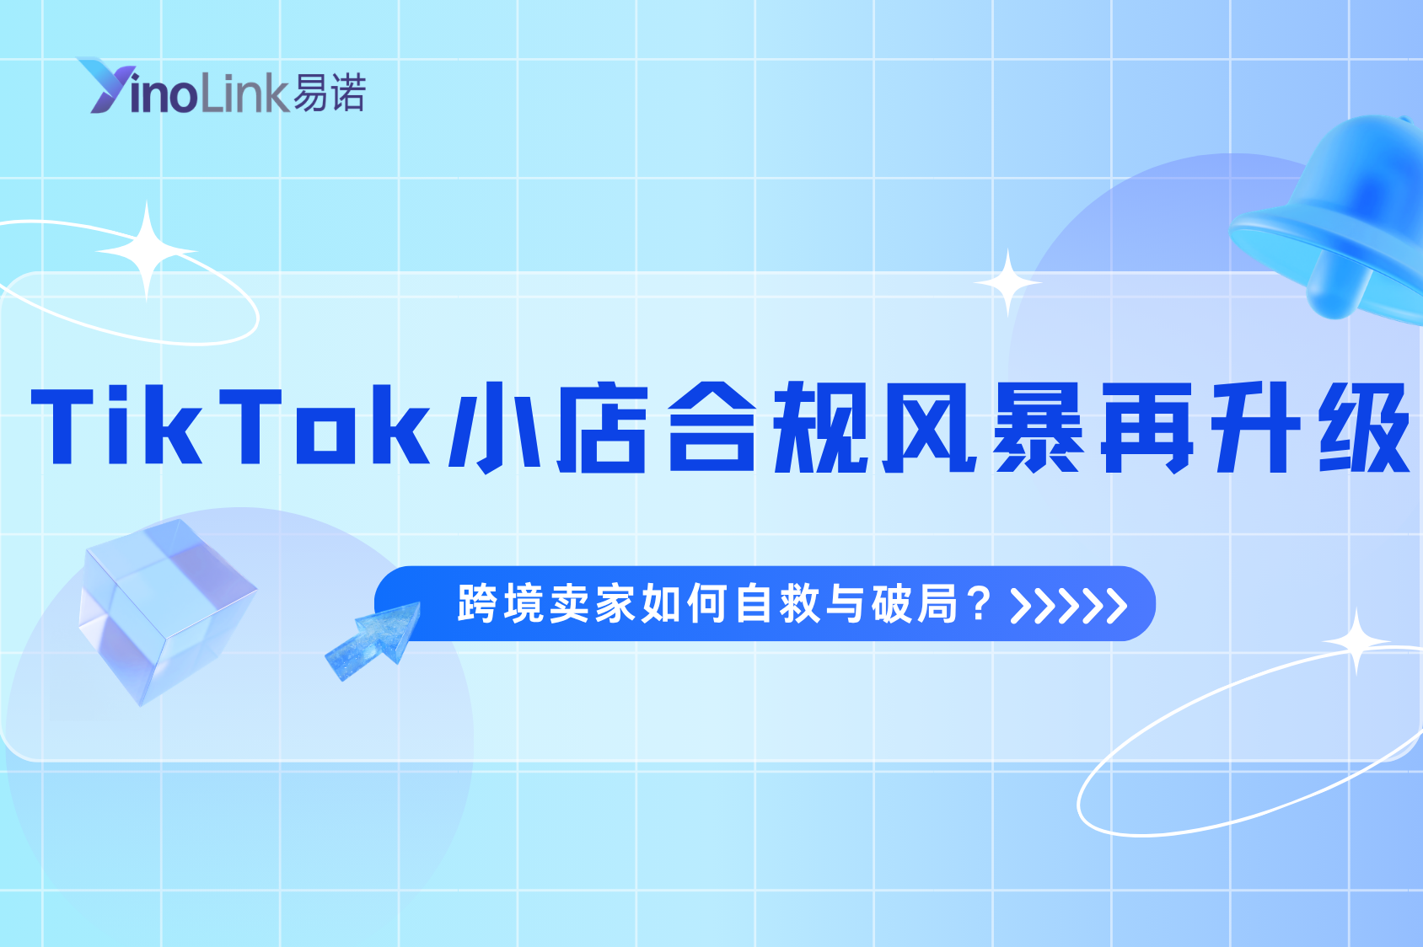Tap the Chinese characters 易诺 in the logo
pos(330,93)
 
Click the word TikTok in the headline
pos(232,426)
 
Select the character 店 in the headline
pos(602,427)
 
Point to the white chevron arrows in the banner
pos(1068,605)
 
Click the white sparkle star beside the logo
pos(147,251)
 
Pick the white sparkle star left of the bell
pos(1007,283)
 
